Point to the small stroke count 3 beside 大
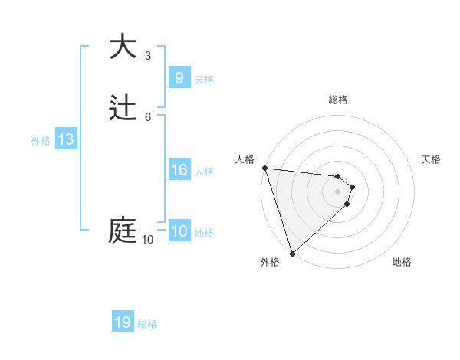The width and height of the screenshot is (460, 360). [x=148, y=55]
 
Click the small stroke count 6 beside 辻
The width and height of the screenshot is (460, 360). [x=148, y=116]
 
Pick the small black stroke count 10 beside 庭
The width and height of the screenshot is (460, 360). [x=147, y=240]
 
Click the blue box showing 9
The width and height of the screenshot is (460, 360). [x=179, y=77]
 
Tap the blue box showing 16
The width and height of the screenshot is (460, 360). [x=179, y=170]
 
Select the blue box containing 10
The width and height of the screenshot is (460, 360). [x=179, y=231]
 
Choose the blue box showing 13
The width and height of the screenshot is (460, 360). [x=66, y=139]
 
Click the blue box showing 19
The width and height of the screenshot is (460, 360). [x=123, y=322]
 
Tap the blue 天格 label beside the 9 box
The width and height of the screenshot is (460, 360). [x=204, y=79]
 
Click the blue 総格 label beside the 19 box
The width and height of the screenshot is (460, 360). [x=147, y=324]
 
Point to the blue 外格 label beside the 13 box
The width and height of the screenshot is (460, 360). [x=41, y=141]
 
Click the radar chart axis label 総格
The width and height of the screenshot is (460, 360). [x=337, y=100]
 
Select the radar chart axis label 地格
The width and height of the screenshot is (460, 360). [x=402, y=263]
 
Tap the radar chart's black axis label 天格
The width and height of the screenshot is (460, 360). [x=431, y=159]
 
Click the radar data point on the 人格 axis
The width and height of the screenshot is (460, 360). [x=264, y=168]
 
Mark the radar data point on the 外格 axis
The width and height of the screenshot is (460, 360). [x=292, y=253]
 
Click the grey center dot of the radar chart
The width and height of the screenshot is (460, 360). [x=337, y=191]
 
